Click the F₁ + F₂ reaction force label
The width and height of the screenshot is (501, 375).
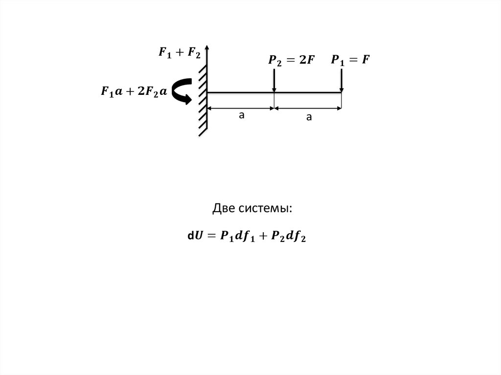180,52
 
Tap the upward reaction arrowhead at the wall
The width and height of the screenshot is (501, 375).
207,47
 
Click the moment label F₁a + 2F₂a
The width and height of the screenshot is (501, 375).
134,91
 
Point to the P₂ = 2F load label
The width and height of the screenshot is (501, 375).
292,60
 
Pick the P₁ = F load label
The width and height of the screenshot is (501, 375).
350,60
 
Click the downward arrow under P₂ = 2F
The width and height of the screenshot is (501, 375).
274,81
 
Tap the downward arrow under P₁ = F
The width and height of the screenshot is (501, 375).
342,81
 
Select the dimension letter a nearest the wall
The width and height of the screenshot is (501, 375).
242,115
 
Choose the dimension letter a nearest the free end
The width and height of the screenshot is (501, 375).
309,117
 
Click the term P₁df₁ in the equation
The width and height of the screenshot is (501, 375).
238,236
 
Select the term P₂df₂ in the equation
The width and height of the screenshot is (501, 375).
289,236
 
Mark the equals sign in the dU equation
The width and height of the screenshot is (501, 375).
212,236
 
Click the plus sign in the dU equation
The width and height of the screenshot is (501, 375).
263,236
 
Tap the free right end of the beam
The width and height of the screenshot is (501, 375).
342,92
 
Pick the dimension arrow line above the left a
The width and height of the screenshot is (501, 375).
241,108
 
